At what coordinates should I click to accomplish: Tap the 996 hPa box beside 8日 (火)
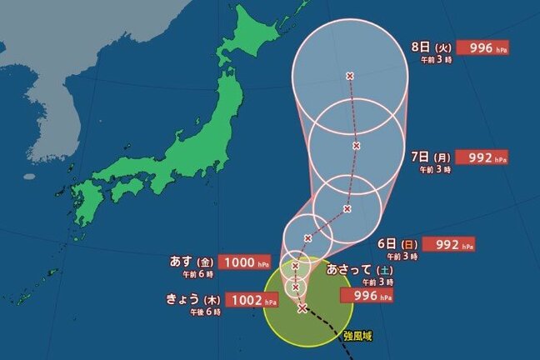(487, 49)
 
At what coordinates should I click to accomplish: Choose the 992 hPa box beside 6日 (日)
(449, 245)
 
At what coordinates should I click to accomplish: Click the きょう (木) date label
(196, 297)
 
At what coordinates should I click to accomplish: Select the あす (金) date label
(192, 262)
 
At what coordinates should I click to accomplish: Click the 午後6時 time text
(205, 312)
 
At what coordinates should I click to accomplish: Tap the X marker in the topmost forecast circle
(349, 76)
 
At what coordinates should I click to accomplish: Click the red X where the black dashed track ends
(302, 308)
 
